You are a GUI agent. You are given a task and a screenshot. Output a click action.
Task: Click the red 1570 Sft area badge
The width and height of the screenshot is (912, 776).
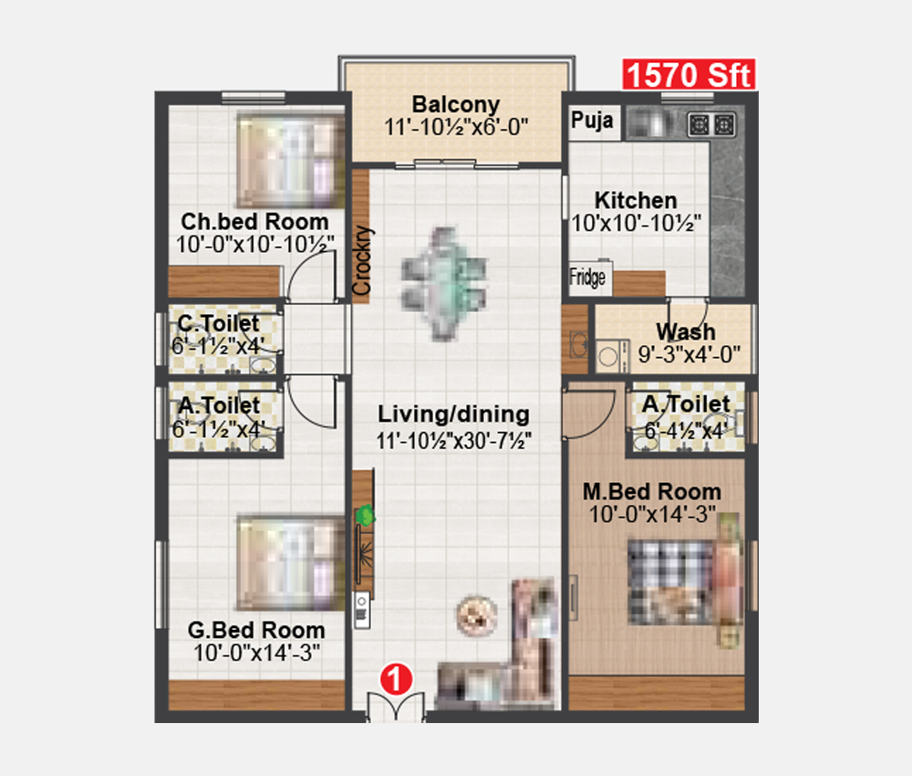(689, 75)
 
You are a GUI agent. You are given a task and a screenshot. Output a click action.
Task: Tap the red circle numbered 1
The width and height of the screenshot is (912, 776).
(396, 679)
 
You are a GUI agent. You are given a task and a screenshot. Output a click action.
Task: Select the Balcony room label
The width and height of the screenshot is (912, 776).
(456, 105)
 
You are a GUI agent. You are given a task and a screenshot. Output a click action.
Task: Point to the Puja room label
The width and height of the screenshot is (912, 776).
(592, 120)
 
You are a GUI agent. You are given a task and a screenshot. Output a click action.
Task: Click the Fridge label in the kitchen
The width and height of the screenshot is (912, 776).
(587, 277)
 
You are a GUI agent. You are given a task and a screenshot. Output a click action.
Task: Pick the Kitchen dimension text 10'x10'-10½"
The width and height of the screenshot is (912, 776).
(637, 223)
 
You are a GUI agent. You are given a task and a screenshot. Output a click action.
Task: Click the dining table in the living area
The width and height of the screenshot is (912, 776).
(443, 284)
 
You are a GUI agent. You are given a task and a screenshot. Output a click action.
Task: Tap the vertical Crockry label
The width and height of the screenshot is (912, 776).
(362, 260)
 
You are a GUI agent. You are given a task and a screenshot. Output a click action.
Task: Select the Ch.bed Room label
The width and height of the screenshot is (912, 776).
(254, 221)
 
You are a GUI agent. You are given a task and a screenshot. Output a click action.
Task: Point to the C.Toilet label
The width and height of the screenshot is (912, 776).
(219, 323)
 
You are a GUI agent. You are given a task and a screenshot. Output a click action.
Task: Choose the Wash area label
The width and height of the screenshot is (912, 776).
(686, 331)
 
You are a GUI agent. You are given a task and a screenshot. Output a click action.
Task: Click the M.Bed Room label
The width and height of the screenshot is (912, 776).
(652, 492)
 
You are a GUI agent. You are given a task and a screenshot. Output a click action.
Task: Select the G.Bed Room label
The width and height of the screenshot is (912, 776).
(256, 630)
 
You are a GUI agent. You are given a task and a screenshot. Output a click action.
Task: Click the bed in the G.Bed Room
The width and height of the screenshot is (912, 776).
(291, 563)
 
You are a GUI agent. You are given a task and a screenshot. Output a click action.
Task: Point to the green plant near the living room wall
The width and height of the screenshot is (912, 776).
(365, 515)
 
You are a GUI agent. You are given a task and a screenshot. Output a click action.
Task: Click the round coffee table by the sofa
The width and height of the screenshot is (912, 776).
(476, 615)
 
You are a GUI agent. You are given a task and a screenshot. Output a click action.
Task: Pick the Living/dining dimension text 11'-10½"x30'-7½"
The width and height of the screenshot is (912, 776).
(453, 441)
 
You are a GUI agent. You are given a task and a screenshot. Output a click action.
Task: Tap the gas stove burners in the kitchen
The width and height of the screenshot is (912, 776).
(712, 124)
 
